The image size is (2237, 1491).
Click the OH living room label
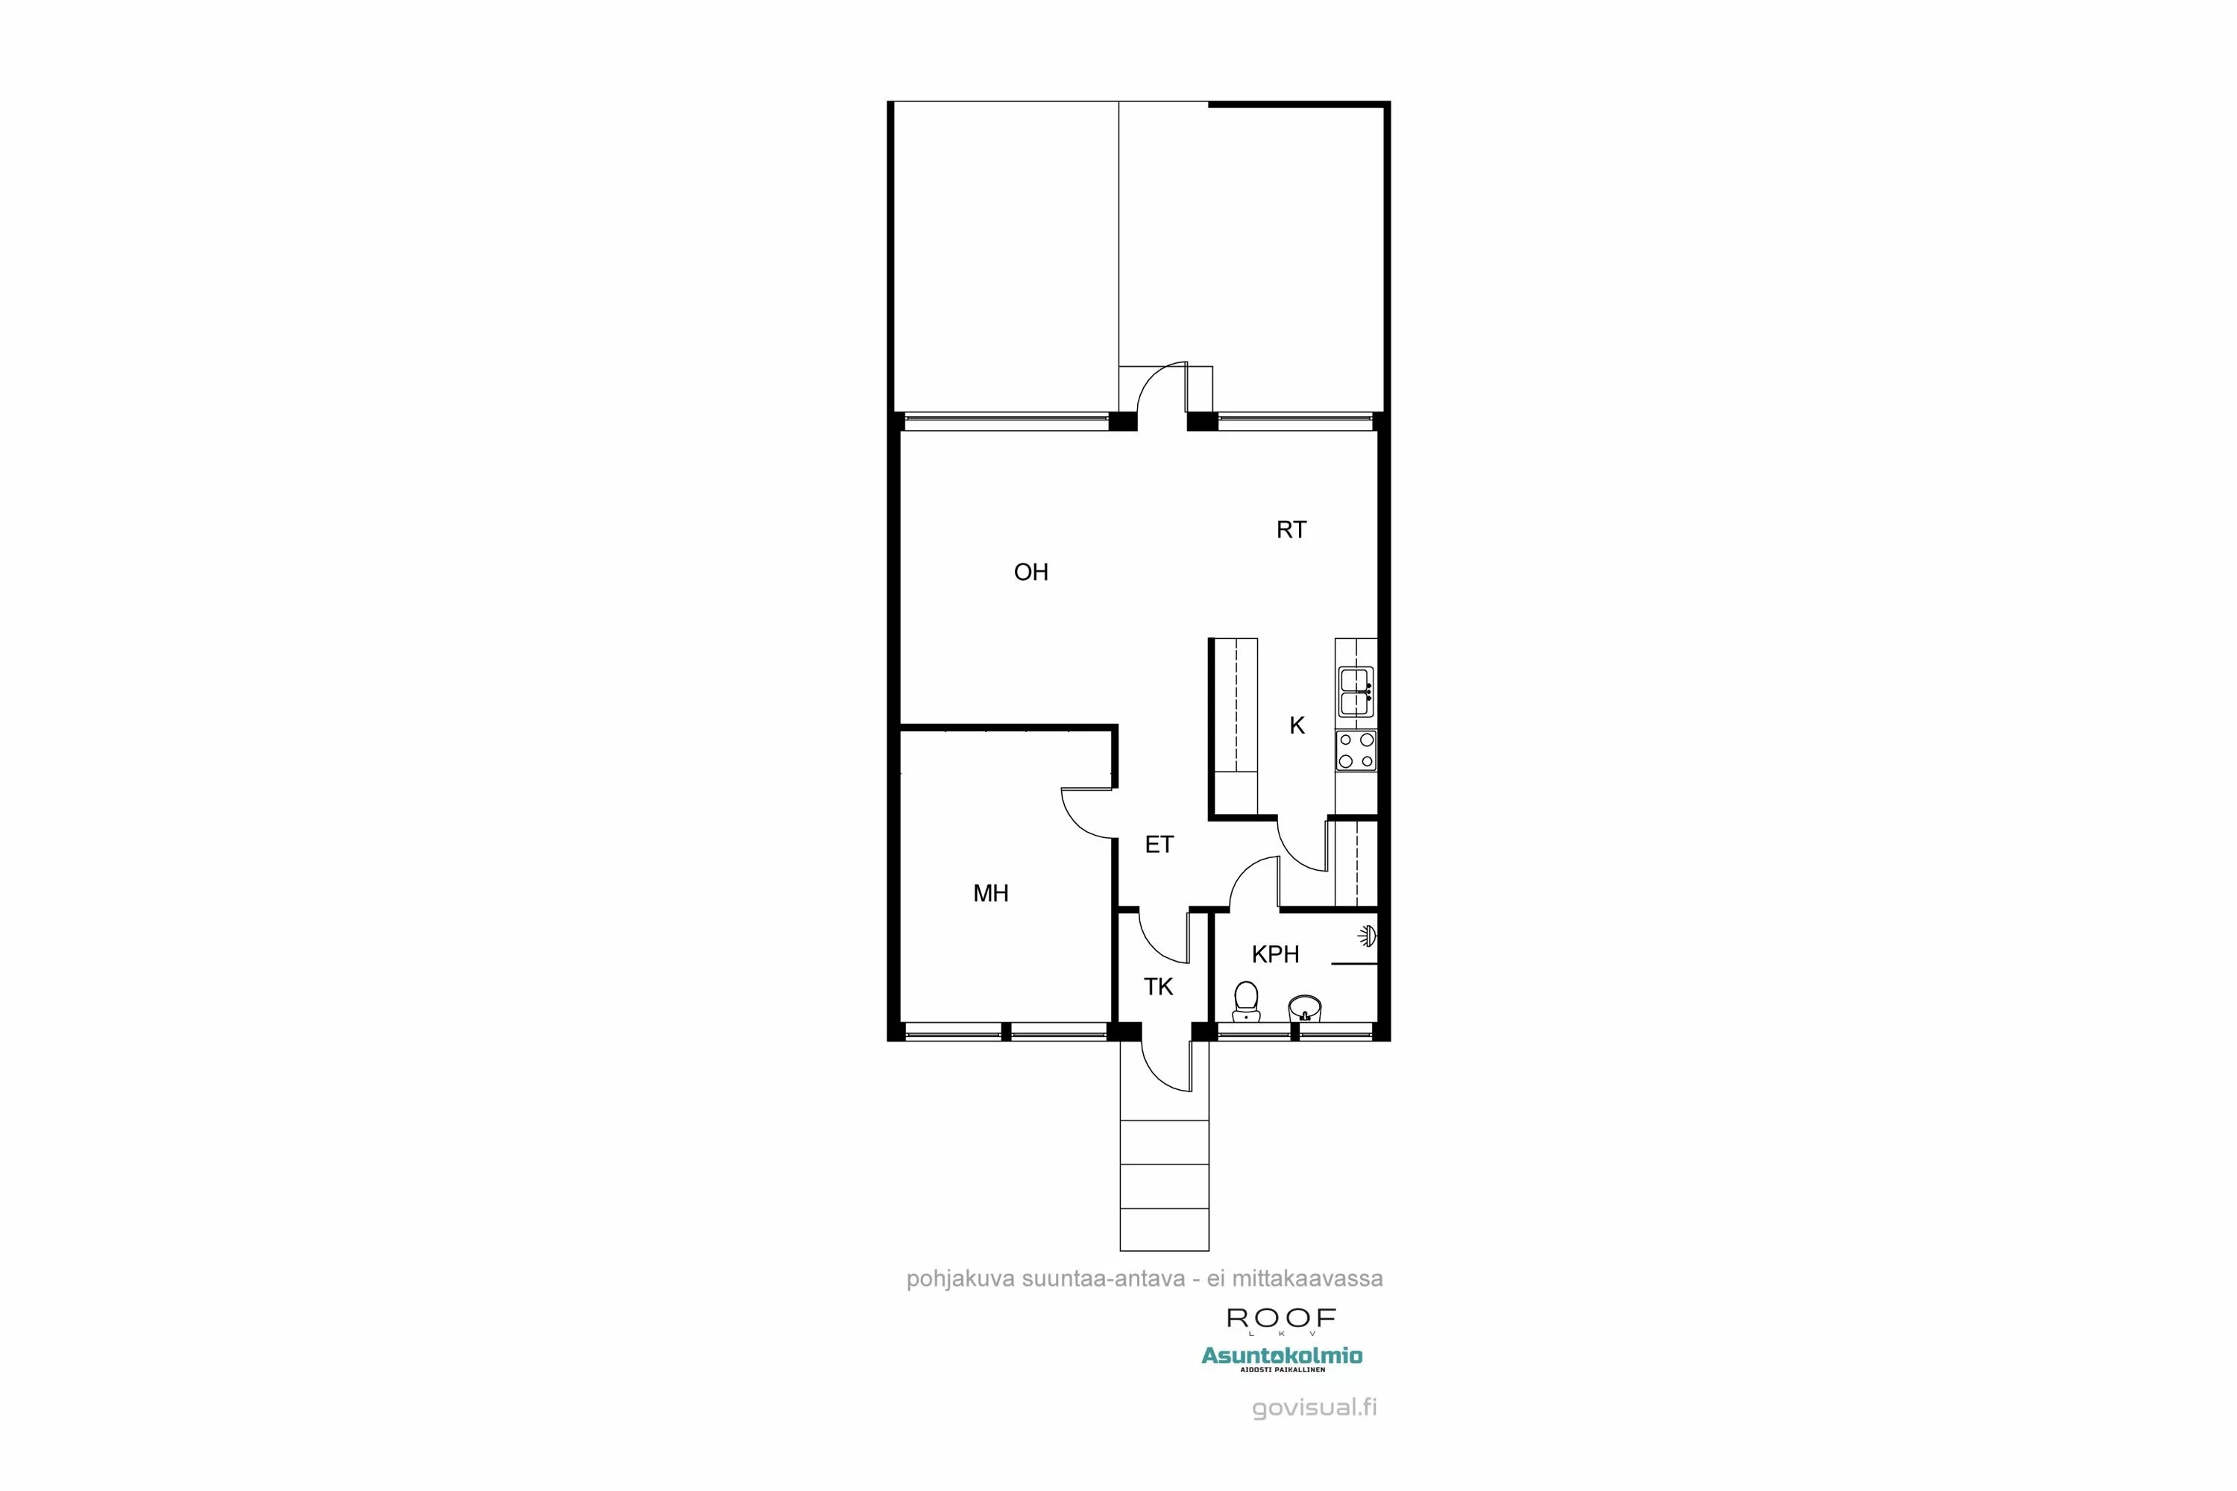[x=1031, y=573]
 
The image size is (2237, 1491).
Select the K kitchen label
[x=1297, y=726]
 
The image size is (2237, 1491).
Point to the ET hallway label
[x=1159, y=845]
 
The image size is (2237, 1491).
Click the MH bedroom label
[x=990, y=894]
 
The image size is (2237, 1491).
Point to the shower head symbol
[x=1368, y=936]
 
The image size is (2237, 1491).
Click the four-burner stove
[x=1356, y=750]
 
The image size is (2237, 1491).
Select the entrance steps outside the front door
[x=1164, y=1185]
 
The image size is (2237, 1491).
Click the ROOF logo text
[x=1281, y=1319]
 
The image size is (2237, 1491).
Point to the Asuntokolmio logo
[x=1281, y=1357]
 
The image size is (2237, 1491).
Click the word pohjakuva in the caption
[x=960, y=1279]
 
